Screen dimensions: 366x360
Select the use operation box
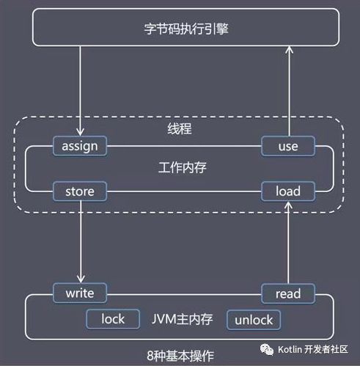(x=287, y=146)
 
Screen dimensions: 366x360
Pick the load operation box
(x=287, y=192)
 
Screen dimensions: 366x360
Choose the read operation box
(x=287, y=293)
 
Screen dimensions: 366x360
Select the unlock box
(x=254, y=320)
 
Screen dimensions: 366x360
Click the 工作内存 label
(x=182, y=168)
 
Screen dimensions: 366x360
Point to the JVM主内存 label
(x=181, y=319)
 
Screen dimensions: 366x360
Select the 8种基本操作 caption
(x=180, y=356)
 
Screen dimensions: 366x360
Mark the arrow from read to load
(x=287, y=242)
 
